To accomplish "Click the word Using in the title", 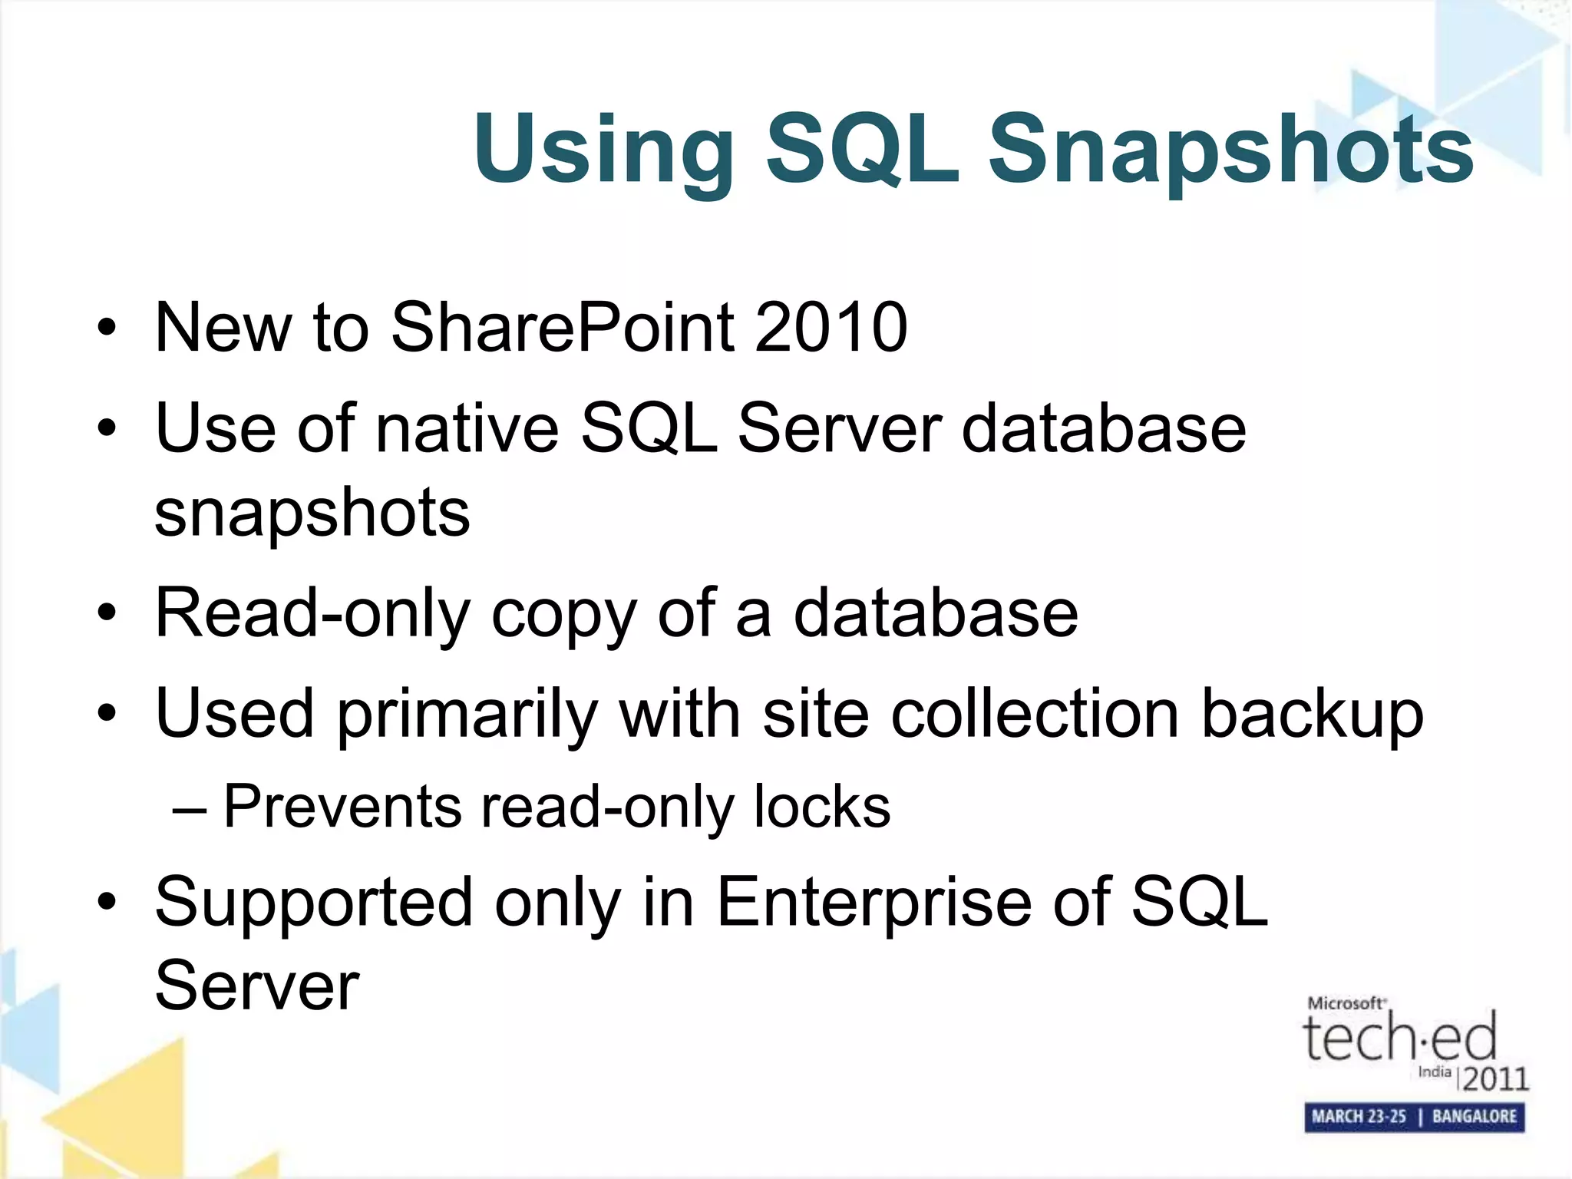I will [x=603, y=150].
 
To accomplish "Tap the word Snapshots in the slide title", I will [x=1230, y=150].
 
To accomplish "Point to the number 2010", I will [x=831, y=328].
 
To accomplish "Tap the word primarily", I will [x=467, y=715].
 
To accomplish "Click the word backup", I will [x=1312, y=715].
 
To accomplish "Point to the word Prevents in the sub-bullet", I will [x=342, y=807].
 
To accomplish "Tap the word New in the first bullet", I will [x=223, y=328].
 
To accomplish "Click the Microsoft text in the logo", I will [x=1346, y=1003].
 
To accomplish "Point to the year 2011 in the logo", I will [x=1495, y=1079].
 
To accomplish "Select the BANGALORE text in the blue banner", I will [x=1474, y=1117].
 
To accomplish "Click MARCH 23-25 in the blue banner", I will [x=1359, y=1117].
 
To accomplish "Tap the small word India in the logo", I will [x=1434, y=1072].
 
